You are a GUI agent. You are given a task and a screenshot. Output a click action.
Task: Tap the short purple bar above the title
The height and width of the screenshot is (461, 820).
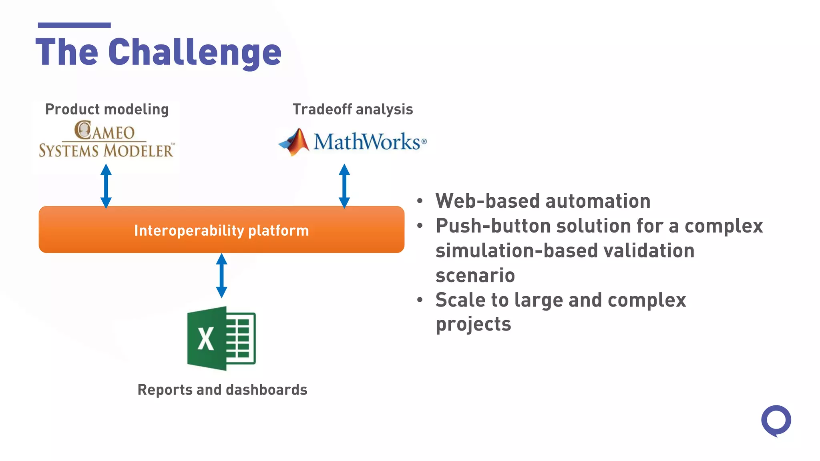pyautogui.click(x=74, y=25)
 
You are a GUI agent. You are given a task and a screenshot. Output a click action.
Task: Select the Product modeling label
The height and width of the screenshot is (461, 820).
pyautogui.click(x=107, y=109)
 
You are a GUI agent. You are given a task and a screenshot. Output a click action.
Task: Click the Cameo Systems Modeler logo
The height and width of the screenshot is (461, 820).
pyautogui.click(x=106, y=139)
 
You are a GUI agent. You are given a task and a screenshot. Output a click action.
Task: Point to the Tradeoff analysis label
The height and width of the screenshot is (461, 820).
pyautogui.click(x=352, y=109)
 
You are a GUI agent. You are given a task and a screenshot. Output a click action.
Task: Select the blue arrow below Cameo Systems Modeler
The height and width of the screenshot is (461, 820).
pyautogui.click(x=106, y=186)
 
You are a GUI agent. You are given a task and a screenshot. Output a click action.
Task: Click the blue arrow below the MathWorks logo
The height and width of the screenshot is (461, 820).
pyautogui.click(x=344, y=186)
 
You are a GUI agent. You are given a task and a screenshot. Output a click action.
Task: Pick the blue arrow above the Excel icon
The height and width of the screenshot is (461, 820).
pyautogui.click(x=221, y=276)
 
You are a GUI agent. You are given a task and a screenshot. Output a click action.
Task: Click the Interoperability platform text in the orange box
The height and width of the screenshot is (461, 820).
pyautogui.click(x=221, y=230)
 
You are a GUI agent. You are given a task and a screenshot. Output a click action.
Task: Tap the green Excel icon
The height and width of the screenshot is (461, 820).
pyautogui.click(x=221, y=338)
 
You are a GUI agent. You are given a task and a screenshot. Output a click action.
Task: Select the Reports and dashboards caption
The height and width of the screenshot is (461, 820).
pyautogui.click(x=222, y=390)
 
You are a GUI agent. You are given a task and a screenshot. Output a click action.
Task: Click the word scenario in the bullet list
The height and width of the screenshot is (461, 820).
pyautogui.click(x=475, y=275)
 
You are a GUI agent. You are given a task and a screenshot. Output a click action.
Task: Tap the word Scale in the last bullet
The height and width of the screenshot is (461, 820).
pyautogui.click(x=460, y=300)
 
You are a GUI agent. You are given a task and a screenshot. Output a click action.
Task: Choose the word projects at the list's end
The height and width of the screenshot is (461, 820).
pyautogui.click(x=473, y=324)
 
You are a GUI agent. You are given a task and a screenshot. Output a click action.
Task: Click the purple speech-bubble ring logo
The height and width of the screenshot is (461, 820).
pyautogui.click(x=776, y=420)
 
